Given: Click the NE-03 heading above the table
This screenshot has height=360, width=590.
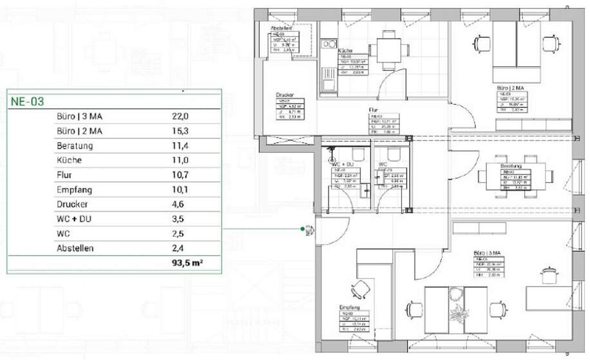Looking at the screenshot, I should click(26, 101).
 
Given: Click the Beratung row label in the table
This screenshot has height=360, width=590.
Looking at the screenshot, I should click(75, 146).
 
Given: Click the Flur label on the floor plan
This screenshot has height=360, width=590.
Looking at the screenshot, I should click(373, 110).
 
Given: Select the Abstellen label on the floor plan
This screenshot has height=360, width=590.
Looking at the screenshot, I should click(283, 29).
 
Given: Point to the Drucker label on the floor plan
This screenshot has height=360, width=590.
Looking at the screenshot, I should click(285, 94).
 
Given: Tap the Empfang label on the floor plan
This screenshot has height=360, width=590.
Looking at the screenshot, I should click(348, 308).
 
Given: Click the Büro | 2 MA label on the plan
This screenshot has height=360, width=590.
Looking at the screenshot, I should click(509, 87).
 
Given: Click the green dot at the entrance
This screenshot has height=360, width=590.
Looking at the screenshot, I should click(302, 229).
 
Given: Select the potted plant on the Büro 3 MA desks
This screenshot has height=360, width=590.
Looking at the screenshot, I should click(458, 314).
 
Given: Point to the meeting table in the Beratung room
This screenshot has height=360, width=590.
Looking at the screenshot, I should click(515, 176).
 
